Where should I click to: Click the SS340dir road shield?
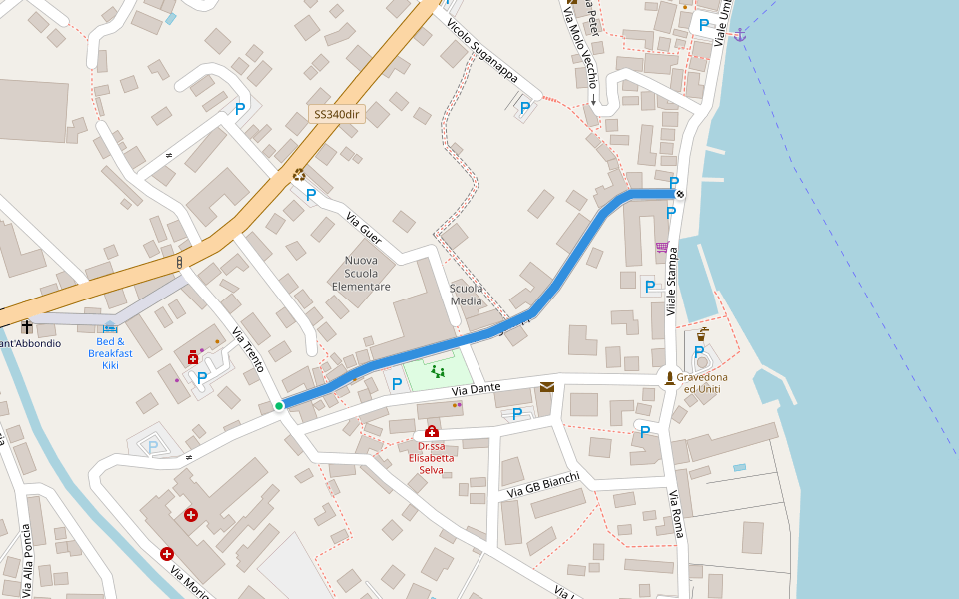(x=336, y=114)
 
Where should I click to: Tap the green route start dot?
(x=279, y=406)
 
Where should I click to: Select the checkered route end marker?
(x=680, y=194)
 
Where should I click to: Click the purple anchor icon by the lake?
(x=739, y=35)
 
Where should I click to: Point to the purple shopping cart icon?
(x=661, y=246)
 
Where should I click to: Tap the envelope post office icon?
(x=546, y=387)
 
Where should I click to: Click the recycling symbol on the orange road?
(x=299, y=174)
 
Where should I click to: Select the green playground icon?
(x=438, y=371)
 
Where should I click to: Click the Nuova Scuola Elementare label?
(x=361, y=273)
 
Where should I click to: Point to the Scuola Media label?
(x=467, y=294)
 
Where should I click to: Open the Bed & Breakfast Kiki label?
(x=110, y=353)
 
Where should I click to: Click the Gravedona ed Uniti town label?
(x=702, y=383)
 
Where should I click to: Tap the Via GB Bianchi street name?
(x=543, y=485)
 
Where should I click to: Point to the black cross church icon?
(x=26, y=326)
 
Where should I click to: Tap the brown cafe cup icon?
(x=703, y=332)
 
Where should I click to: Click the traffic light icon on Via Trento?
(x=180, y=262)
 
